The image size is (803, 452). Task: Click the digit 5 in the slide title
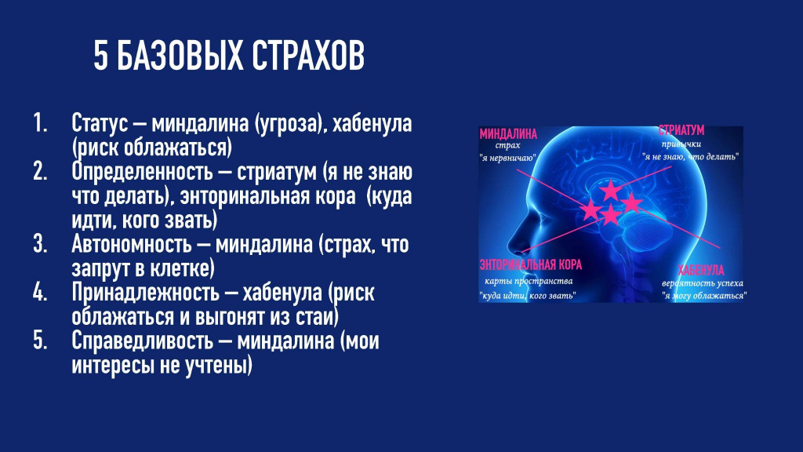coord(101,56)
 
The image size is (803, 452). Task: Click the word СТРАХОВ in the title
coord(307,56)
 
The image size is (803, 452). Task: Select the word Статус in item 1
coord(100,123)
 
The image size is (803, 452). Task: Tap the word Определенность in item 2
coord(142,172)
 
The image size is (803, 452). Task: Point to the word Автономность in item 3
coord(131,245)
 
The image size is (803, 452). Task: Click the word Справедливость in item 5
coord(142,341)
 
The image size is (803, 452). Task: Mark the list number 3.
coord(40,245)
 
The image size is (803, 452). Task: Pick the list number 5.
coord(40,341)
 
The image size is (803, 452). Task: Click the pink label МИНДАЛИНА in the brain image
coord(508,134)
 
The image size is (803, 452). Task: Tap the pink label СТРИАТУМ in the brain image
coord(681,130)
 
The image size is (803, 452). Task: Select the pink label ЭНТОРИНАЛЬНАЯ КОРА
coord(531,264)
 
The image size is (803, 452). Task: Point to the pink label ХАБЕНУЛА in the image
coord(700,270)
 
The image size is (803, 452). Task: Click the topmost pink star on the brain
coord(610,191)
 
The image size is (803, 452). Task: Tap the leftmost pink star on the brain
coord(590,210)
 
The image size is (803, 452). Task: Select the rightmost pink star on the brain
coord(631,203)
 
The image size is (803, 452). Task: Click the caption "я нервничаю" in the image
coord(507,158)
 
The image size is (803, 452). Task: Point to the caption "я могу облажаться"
coord(703,296)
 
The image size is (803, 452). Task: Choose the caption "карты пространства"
coord(529,281)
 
